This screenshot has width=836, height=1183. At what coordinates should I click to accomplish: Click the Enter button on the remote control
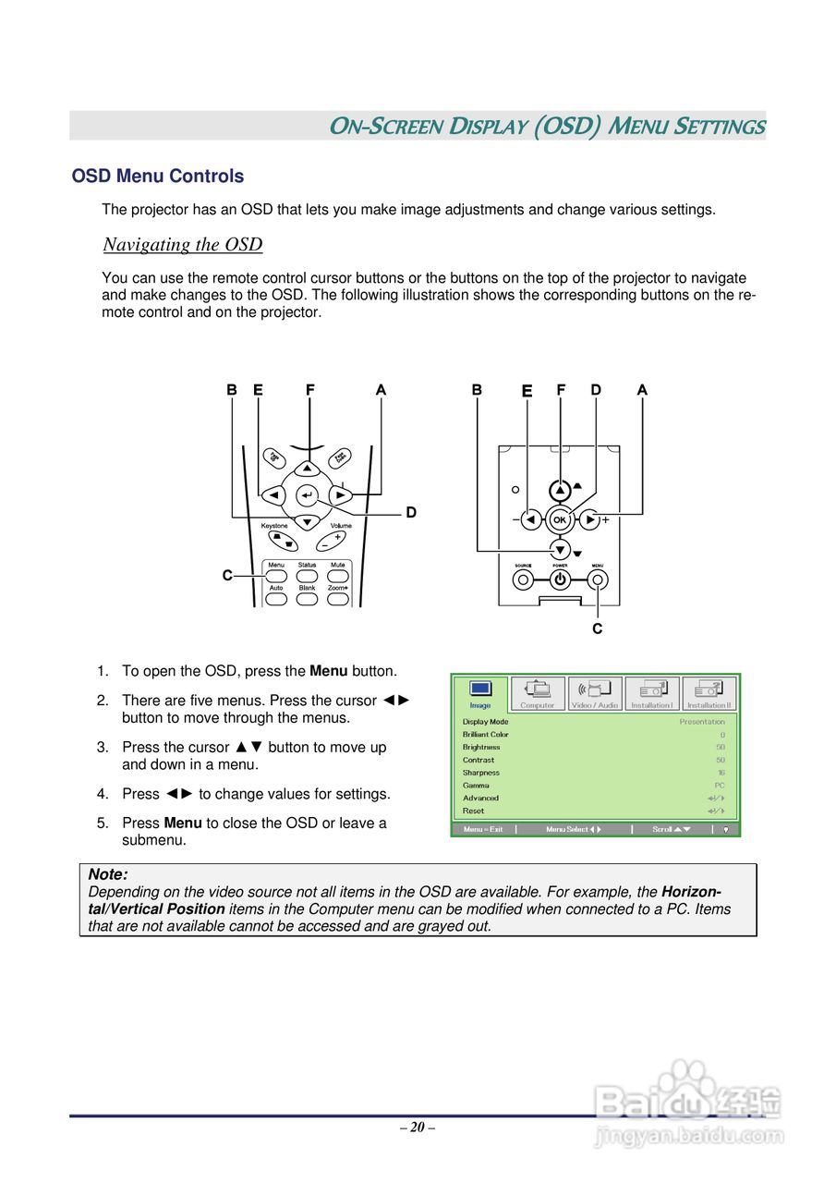pyautogui.click(x=307, y=495)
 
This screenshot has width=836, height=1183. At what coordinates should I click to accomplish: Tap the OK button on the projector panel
pyautogui.click(x=559, y=519)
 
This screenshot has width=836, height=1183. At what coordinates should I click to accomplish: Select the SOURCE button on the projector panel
pyautogui.click(x=523, y=580)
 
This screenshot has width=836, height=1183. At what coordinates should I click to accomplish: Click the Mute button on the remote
pyautogui.click(x=338, y=576)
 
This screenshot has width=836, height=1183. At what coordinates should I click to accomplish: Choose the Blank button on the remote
pyautogui.click(x=307, y=599)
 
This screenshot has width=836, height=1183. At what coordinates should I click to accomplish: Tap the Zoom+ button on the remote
pyautogui.click(x=338, y=599)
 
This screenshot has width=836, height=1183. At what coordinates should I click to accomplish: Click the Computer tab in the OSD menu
pyautogui.click(x=537, y=693)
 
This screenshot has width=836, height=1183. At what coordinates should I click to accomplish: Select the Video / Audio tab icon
pyautogui.click(x=594, y=693)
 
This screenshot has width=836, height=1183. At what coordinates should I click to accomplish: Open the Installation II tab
pyautogui.click(x=709, y=693)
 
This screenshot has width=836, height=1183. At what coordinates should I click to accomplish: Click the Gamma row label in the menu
pyautogui.click(x=477, y=786)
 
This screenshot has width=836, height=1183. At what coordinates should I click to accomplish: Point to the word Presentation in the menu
pyautogui.click(x=702, y=722)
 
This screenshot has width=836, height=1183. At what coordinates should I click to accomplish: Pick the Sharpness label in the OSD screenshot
pyautogui.click(x=481, y=773)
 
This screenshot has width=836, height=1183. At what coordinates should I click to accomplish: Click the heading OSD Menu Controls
pyautogui.click(x=158, y=177)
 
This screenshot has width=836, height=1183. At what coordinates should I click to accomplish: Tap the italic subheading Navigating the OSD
pyautogui.click(x=183, y=245)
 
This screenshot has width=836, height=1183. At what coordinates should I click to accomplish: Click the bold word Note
pyautogui.click(x=107, y=874)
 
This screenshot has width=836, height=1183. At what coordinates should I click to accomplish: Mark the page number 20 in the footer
pyautogui.click(x=418, y=1127)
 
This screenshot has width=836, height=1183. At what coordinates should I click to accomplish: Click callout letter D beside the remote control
pyautogui.click(x=411, y=512)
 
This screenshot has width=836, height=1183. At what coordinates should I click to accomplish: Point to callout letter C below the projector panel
pyautogui.click(x=597, y=629)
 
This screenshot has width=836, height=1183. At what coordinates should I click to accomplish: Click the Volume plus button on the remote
pyautogui.click(x=338, y=536)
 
